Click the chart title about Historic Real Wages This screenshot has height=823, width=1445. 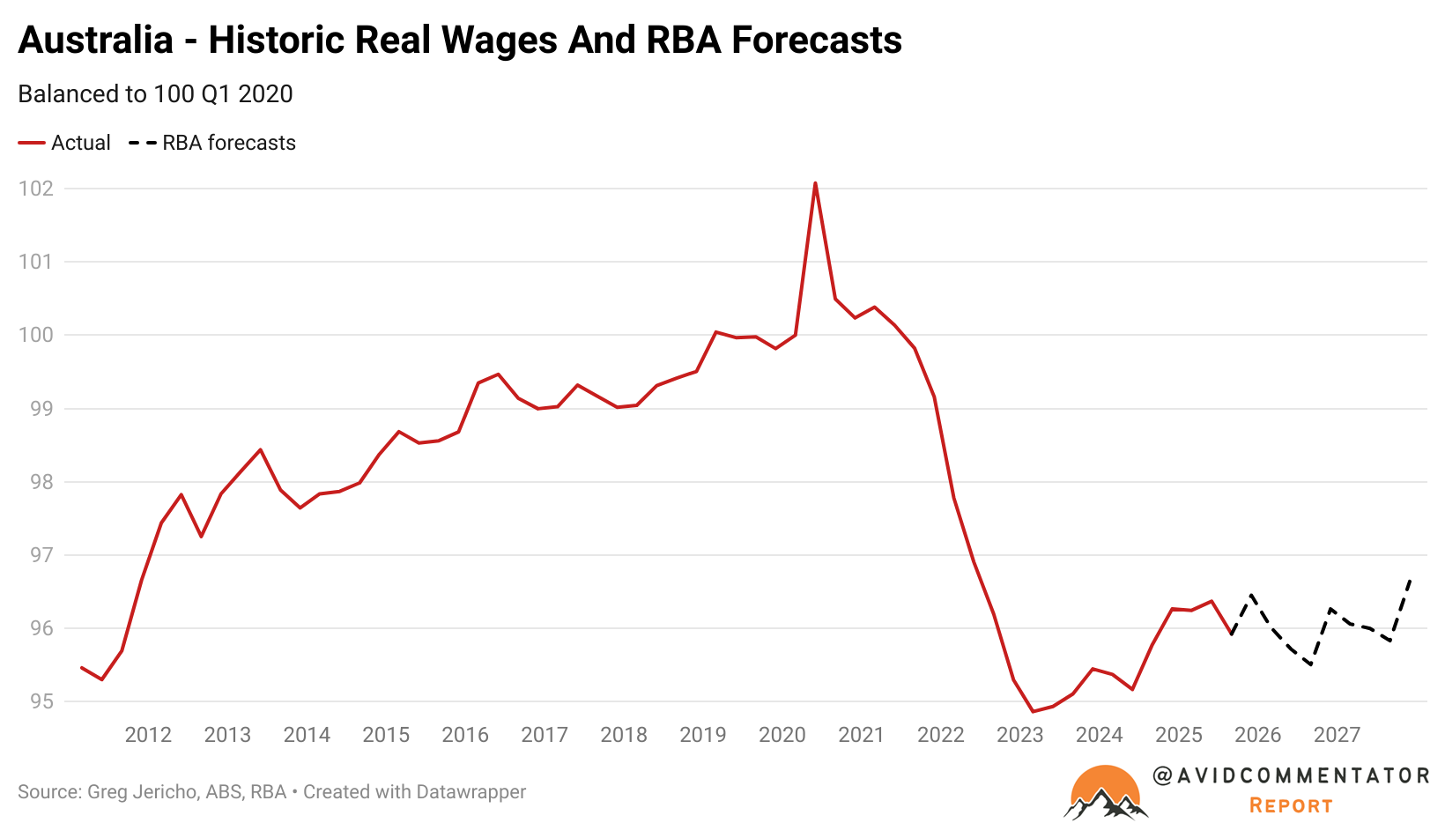click(459, 41)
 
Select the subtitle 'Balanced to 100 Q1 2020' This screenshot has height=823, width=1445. click(155, 94)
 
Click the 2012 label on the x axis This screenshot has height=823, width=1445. click(148, 735)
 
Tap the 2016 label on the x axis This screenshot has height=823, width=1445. click(465, 735)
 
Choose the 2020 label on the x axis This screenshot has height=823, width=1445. click(782, 735)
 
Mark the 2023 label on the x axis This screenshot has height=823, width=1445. click(1020, 735)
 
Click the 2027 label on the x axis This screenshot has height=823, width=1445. click(1337, 735)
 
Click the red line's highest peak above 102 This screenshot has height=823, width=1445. click(815, 183)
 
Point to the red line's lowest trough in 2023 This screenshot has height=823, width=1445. click(1033, 711)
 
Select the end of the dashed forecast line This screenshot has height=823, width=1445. click(1411, 580)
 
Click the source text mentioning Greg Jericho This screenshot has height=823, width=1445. click(271, 792)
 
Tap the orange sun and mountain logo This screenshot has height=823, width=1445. click(1105, 792)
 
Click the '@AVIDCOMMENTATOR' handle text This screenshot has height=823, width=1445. click(1291, 775)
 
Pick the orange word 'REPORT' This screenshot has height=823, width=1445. click(1291, 805)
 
